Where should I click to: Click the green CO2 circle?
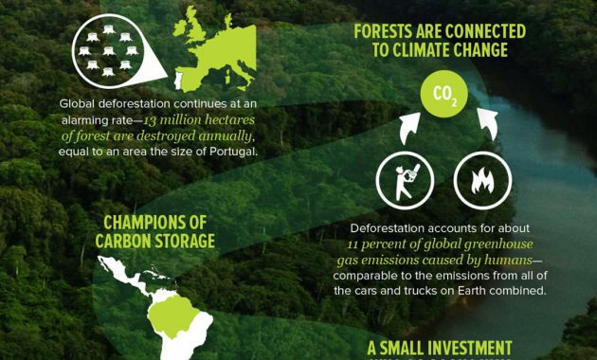coord(444,94)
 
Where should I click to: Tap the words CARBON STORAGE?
coord(154,241)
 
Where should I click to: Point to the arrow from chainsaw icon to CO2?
coord(409,125)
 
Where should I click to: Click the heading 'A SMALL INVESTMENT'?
coord(440,347)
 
